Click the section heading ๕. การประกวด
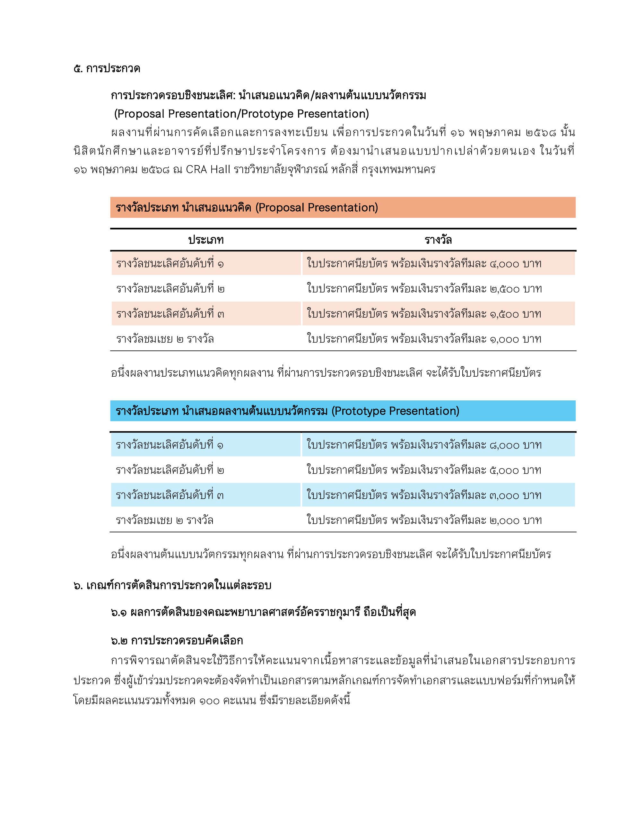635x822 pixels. click(107, 69)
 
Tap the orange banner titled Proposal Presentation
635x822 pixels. click(343, 207)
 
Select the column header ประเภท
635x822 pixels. click(206, 240)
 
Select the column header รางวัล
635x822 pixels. click(438, 240)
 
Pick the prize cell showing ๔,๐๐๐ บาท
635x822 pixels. click(438, 264)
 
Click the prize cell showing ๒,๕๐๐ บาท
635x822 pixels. click(438, 289)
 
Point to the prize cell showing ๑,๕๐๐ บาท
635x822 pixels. click(438, 313)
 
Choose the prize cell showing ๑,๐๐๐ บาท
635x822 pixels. click(438, 339)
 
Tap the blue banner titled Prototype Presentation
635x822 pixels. click(343, 411)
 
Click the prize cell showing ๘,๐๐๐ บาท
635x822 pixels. click(438, 445)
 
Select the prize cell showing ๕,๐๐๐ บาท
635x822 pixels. click(438, 470)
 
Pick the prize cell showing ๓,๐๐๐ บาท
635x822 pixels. click(438, 495)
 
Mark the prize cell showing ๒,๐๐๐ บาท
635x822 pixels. click(438, 520)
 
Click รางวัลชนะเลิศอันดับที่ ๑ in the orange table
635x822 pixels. click(170, 264)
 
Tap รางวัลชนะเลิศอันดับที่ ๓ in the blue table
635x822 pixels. click(170, 495)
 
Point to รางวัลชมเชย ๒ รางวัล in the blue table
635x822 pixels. click(165, 520)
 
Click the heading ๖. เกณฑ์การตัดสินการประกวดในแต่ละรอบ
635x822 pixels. click(172, 586)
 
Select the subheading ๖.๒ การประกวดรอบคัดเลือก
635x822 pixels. click(177, 640)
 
